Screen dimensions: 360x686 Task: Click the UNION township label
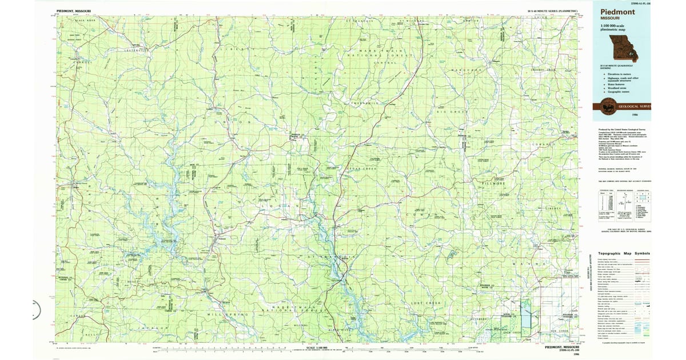point(232,122)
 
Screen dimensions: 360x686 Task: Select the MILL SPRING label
point(228,314)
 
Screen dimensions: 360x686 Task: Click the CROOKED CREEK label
point(543,70)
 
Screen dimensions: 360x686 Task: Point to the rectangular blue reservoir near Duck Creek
point(525,314)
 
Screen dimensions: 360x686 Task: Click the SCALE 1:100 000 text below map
point(318,347)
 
